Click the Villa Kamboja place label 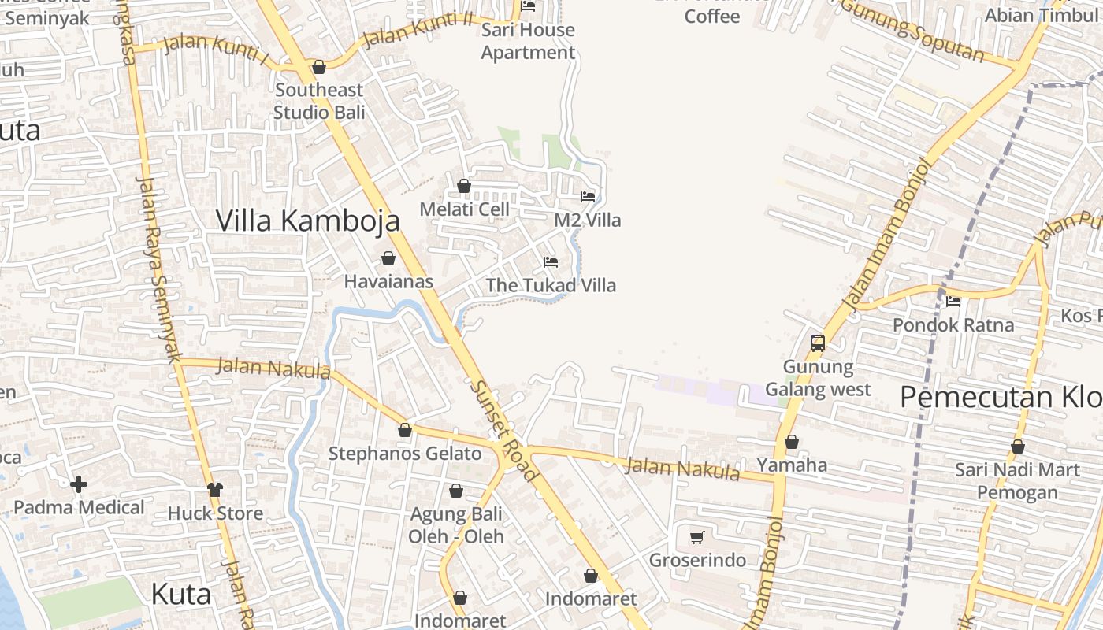pyautogui.click(x=307, y=221)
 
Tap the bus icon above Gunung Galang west pyautogui.click(x=818, y=343)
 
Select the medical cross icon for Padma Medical pyautogui.click(x=79, y=484)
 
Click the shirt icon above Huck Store pyautogui.click(x=214, y=490)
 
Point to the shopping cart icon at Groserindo pyautogui.click(x=697, y=537)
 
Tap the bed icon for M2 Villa pyautogui.click(x=588, y=196)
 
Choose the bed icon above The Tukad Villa pyautogui.click(x=551, y=261)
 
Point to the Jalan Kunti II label pyautogui.click(x=410, y=31)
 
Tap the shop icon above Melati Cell pyautogui.click(x=464, y=186)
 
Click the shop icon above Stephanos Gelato pyautogui.click(x=405, y=430)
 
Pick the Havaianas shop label pyautogui.click(x=388, y=281)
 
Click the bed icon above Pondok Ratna pyautogui.click(x=953, y=301)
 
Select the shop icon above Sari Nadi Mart pyautogui.click(x=1018, y=447)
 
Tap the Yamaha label pyautogui.click(x=792, y=465)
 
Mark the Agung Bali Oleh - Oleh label pyautogui.click(x=456, y=525)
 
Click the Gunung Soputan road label pyautogui.click(x=914, y=31)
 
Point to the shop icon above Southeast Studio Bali pyautogui.click(x=319, y=67)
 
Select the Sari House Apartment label pyautogui.click(x=528, y=41)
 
